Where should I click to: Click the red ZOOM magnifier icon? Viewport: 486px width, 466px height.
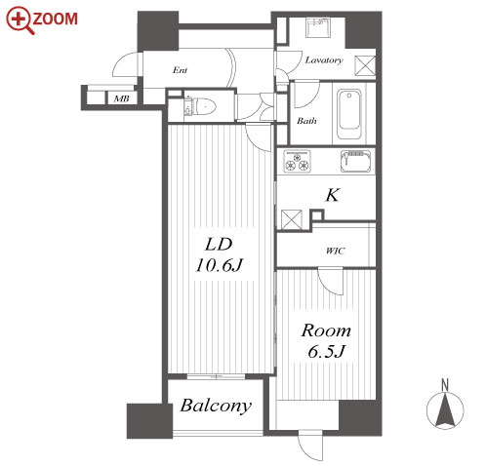(x=20, y=20)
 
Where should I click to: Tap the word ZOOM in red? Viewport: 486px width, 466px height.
(x=56, y=19)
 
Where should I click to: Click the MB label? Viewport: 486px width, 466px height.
(x=122, y=98)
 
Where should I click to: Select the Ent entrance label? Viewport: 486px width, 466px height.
(x=180, y=70)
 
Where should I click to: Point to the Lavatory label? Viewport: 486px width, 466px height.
(x=324, y=60)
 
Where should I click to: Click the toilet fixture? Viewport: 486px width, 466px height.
(x=201, y=106)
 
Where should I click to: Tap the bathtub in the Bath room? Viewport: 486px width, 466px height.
(x=348, y=114)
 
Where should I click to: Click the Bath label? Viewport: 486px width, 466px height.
(x=306, y=121)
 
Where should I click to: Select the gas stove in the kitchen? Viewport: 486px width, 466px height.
(x=297, y=161)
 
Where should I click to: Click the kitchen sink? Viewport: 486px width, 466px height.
(x=355, y=161)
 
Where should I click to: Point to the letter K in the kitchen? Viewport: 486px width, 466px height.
(x=333, y=195)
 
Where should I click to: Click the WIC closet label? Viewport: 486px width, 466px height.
(x=336, y=251)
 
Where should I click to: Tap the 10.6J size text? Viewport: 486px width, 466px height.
(x=219, y=265)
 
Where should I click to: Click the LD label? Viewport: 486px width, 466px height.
(x=219, y=245)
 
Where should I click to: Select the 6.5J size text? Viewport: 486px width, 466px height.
(x=326, y=351)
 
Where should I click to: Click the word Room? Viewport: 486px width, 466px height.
(x=326, y=330)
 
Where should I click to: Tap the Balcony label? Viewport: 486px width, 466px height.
(x=216, y=407)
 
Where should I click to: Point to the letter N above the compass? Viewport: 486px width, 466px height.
(x=445, y=385)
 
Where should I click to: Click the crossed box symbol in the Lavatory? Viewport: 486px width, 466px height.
(x=365, y=65)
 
